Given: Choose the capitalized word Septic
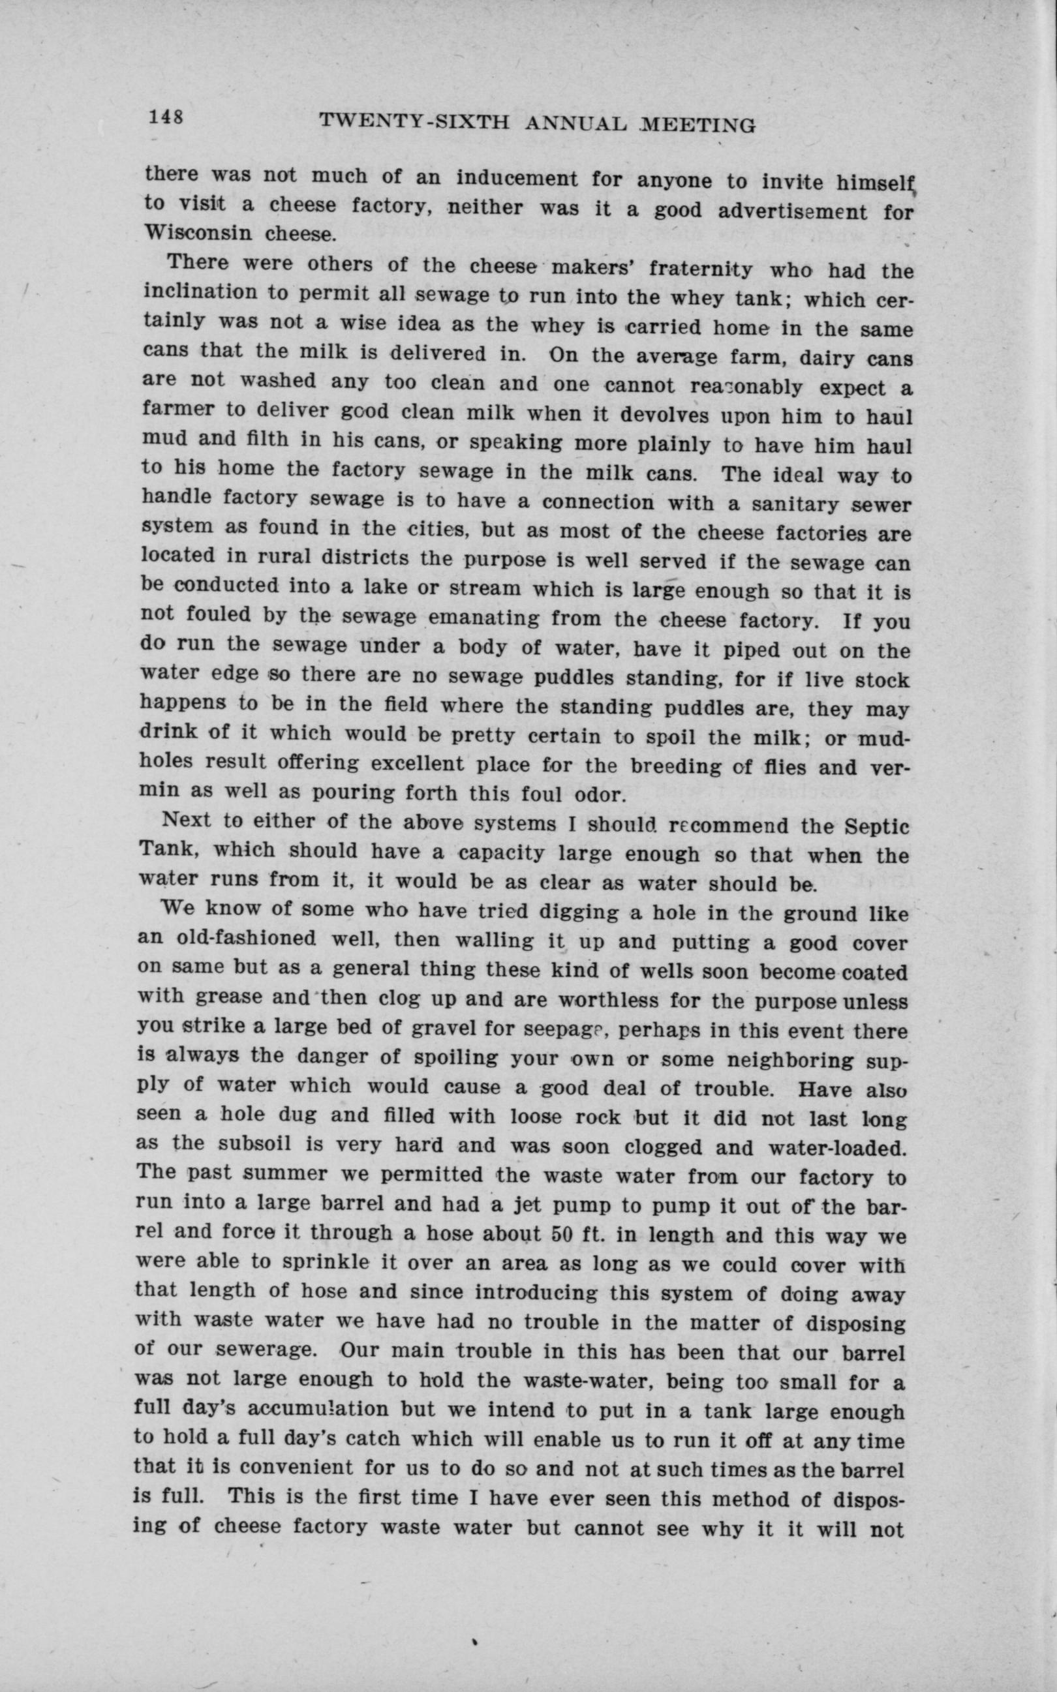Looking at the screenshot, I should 878,826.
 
